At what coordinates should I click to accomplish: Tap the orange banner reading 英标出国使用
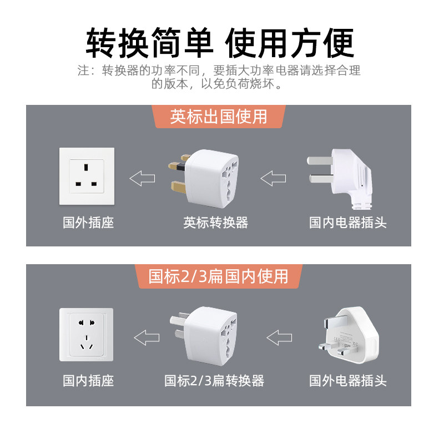click(x=219, y=117)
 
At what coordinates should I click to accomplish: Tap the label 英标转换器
click(x=216, y=223)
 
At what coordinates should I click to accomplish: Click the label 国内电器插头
click(x=348, y=223)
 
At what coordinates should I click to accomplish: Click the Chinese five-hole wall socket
click(x=87, y=335)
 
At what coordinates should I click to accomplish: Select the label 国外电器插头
click(x=348, y=381)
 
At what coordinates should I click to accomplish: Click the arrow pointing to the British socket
click(x=143, y=178)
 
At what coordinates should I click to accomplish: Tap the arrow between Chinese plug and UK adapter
click(x=274, y=178)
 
